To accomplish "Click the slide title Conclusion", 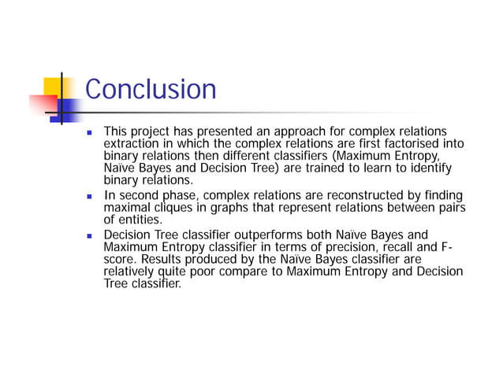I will click(x=150, y=89).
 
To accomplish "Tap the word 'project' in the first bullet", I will click(x=150, y=131).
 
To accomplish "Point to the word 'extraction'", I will click(x=131, y=143).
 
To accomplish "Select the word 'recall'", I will click(x=387, y=247).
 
